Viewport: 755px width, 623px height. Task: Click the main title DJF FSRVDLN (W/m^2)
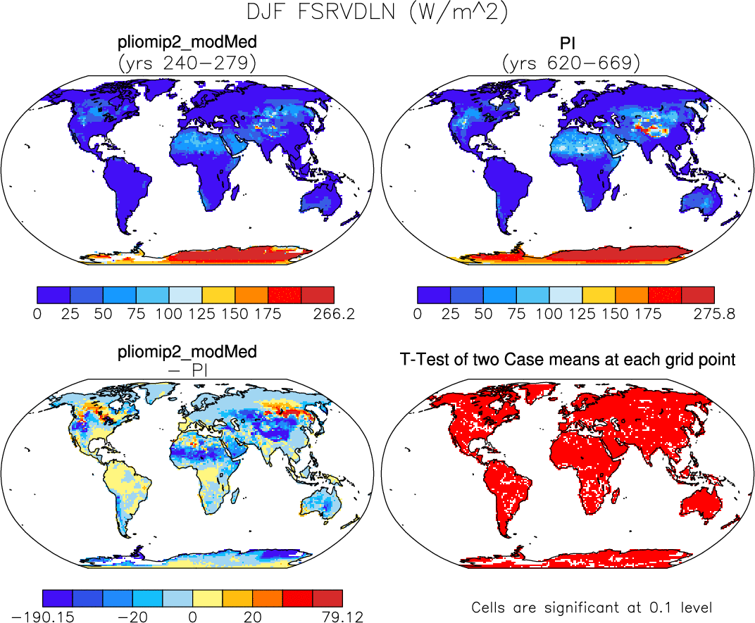(x=377, y=13)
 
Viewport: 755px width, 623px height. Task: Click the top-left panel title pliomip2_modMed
(x=187, y=44)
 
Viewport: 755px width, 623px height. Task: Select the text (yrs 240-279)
(x=187, y=63)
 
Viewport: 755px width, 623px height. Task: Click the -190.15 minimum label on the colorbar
(x=44, y=618)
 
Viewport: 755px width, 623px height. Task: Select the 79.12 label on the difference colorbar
(x=342, y=618)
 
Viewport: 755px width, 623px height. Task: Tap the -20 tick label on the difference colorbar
(x=131, y=618)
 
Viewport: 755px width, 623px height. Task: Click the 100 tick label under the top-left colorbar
(x=168, y=314)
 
